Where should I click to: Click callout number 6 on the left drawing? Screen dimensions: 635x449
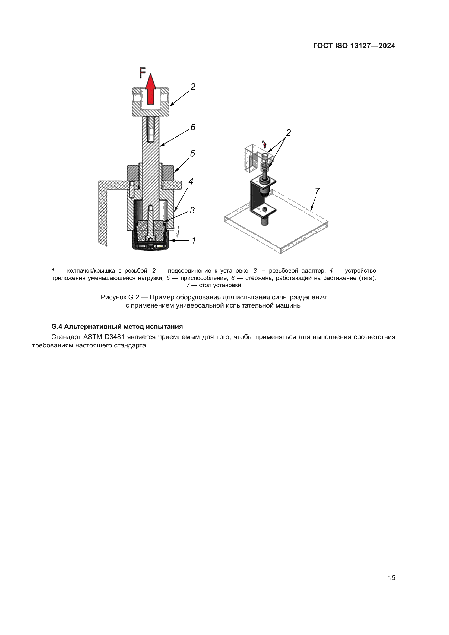pos(193,127)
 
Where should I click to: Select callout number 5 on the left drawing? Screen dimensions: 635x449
pos(192,153)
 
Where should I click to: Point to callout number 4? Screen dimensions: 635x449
pos(191,181)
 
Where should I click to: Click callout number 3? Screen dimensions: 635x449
pos(192,210)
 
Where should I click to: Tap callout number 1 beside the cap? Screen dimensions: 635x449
pos(194,240)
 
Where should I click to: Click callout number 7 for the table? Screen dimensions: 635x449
pos(317,191)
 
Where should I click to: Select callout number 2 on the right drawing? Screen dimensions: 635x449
pos(288,133)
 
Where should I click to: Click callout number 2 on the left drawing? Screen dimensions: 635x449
pos(193,87)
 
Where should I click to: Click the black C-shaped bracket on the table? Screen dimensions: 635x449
pos(254,196)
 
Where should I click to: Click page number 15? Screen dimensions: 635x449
pos(391,577)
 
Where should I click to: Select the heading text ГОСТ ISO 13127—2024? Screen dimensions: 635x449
pos(354,46)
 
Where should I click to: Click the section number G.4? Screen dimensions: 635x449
pos(57,327)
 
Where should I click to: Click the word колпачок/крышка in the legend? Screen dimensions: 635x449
pos(91,270)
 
